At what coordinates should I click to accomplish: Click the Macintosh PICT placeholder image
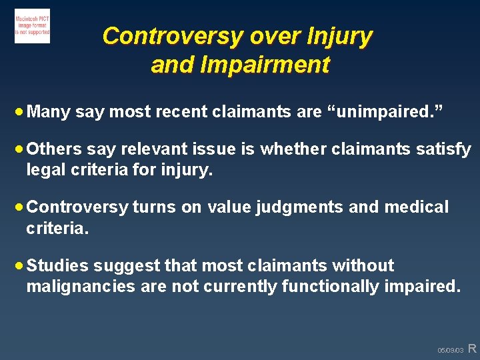[x=32, y=26]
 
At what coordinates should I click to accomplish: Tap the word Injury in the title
[x=339, y=35]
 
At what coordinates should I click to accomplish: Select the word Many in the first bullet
[x=50, y=112]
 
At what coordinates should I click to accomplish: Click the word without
[x=364, y=265]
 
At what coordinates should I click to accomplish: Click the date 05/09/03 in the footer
[x=450, y=350]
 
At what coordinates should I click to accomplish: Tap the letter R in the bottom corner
[x=472, y=348]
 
